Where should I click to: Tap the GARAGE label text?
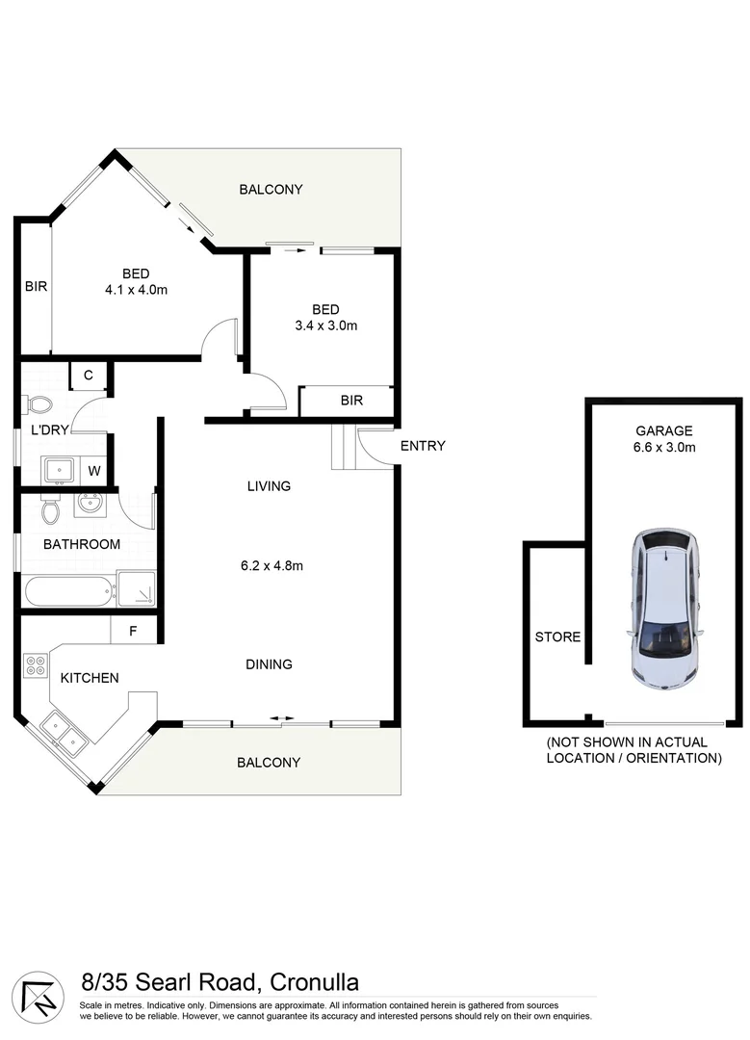pos(663,430)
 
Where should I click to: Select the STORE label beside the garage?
pos(557,637)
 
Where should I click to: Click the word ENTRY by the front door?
pos(422,445)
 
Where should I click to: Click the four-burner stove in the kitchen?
pos(35,664)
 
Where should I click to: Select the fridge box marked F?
pos(134,632)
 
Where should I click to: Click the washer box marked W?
pos(93,471)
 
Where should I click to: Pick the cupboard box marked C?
pos(88,376)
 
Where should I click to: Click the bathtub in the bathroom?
pos(68,590)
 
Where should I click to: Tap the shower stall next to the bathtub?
pos(136,588)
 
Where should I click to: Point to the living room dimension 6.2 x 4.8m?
pos(272,565)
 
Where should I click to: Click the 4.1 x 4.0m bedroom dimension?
pos(136,289)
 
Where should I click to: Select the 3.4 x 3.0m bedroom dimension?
pos(325,325)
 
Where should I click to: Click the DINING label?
pos(269,663)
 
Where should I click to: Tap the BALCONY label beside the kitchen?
pos(269,762)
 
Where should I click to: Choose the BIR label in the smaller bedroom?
pos(351,401)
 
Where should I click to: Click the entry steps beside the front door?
pos(344,449)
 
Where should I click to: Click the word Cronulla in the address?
pos(314,982)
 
